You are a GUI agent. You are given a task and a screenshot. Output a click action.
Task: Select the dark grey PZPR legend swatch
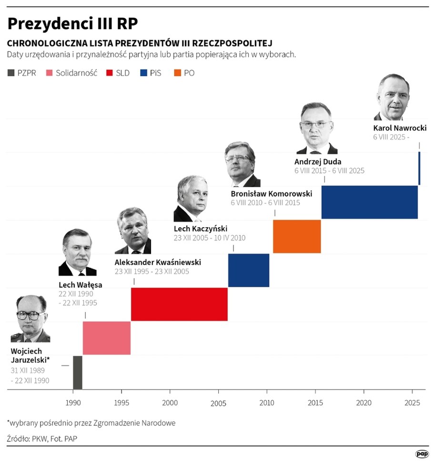[11, 73]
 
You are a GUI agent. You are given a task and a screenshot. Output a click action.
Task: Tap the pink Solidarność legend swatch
[49, 73]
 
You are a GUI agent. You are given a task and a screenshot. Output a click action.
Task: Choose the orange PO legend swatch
[177, 73]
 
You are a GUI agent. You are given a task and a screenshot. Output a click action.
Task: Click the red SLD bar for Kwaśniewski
[179, 304]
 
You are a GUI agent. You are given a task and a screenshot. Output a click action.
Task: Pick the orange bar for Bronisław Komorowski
[297, 236]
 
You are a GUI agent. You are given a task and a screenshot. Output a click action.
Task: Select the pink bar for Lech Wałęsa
[107, 338]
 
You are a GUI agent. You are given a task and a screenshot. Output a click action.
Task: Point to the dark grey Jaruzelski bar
[78, 372]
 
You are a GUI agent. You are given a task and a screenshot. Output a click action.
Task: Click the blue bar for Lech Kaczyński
[249, 270]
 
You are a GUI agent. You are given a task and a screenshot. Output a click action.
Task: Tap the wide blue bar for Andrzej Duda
[370, 202]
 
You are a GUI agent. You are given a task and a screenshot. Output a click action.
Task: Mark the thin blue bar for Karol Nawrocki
[419, 168]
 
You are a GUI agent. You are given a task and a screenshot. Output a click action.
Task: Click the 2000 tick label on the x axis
[170, 403]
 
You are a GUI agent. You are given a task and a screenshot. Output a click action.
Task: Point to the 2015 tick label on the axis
[315, 403]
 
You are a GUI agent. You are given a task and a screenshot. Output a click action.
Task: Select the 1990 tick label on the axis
[73, 403]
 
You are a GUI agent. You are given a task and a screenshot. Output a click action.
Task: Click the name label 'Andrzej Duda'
[318, 161]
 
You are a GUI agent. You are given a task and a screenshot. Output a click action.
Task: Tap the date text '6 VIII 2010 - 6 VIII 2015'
[265, 203]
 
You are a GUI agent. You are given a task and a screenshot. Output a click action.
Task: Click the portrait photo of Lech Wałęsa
[77, 252]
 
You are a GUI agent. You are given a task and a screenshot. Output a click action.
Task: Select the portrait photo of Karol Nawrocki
[393, 98]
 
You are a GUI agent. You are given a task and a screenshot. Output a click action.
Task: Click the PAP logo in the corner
[421, 454]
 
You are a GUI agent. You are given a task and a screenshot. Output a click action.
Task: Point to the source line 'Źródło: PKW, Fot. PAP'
[42, 438]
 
